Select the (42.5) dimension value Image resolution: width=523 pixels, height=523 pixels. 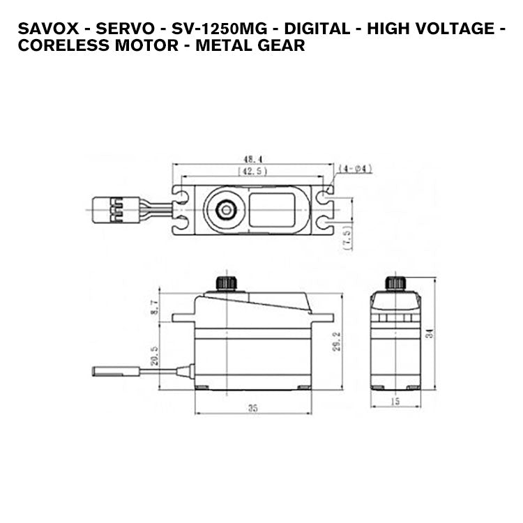click(252, 172)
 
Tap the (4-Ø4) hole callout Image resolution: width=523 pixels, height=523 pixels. click(355, 169)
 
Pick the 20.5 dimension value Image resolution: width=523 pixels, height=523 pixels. click(155, 355)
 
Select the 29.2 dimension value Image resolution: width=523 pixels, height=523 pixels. click(336, 342)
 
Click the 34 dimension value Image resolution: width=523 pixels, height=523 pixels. click(430, 333)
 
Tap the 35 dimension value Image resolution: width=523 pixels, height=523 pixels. click(252, 408)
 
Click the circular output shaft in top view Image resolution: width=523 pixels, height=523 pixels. click(225, 207)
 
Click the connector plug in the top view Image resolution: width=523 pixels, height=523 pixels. click(108, 208)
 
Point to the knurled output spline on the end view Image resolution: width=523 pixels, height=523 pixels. click(395, 282)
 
